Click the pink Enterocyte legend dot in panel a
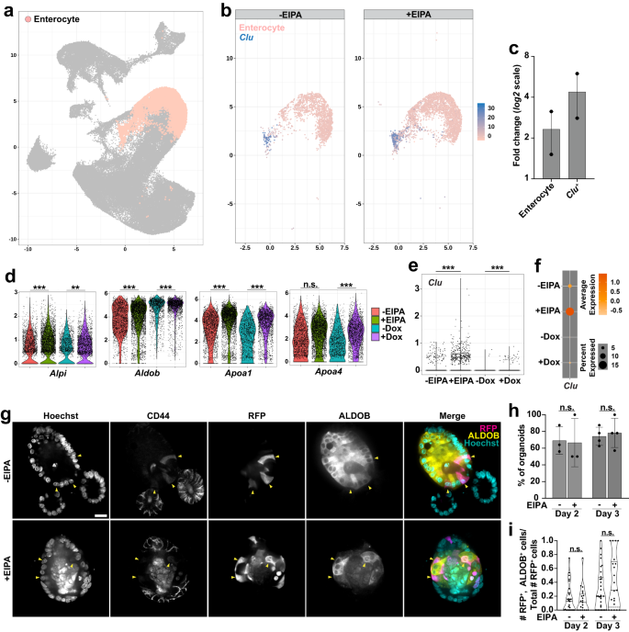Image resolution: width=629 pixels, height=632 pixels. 28,18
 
